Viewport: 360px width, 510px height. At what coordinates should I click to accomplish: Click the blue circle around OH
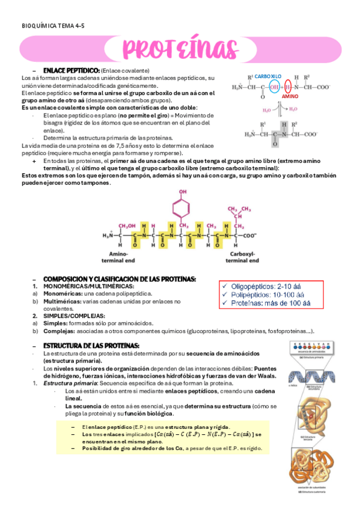pyautogui.click(x=275, y=87)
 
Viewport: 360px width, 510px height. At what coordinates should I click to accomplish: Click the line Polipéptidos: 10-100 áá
pyautogui.click(x=270, y=295)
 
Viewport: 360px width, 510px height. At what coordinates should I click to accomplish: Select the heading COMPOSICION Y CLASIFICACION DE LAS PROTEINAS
pyautogui.click(x=120, y=279)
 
